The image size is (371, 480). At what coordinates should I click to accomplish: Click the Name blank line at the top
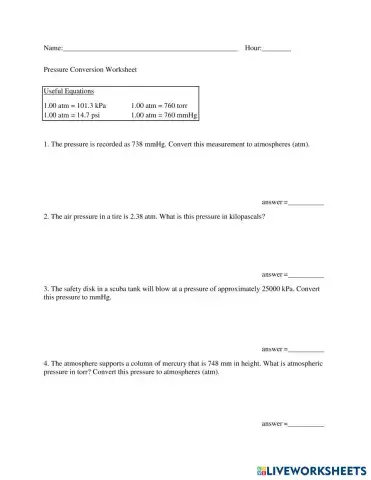(150, 48)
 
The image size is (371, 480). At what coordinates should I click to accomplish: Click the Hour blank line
(276, 48)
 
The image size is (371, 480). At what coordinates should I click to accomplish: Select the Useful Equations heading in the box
(69, 92)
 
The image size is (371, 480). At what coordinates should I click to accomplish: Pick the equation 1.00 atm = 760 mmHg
(165, 115)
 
